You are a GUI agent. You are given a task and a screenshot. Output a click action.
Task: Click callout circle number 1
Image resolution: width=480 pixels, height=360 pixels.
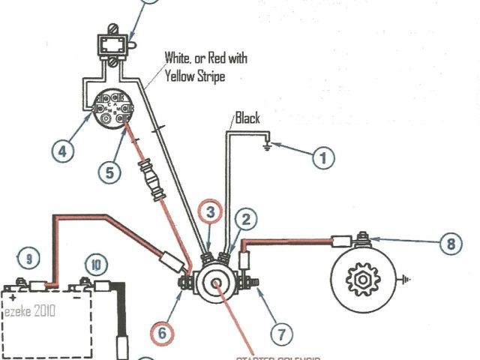[x=323, y=158]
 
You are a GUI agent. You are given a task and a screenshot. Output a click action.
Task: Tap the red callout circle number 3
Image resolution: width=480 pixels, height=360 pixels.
[x=211, y=212]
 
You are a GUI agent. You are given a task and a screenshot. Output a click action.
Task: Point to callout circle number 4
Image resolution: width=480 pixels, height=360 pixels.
[x=63, y=151]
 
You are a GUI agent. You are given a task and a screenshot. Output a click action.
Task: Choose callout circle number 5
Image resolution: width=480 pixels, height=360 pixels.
[x=109, y=172]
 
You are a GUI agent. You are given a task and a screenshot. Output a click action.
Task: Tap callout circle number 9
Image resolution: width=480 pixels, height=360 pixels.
[x=28, y=260]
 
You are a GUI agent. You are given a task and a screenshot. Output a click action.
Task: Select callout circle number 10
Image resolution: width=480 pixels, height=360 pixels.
[x=96, y=265]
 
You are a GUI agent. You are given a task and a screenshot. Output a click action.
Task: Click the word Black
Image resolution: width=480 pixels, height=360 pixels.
[x=247, y=118]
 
